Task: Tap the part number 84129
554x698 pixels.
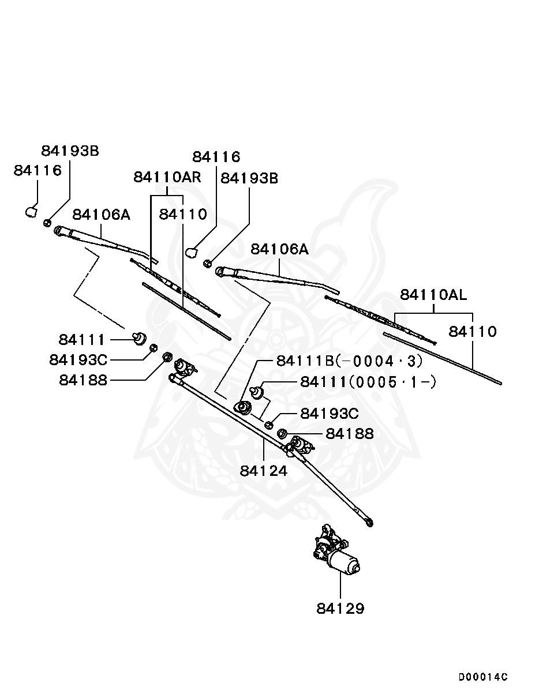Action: click(x=340, y=609)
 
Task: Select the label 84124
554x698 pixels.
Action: click(x=264, y=471)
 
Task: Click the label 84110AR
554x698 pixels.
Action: click(x=167, y=177)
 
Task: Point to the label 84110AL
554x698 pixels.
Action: click(x=433, y=295)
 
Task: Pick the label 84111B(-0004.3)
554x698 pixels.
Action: click(x=349, y=361)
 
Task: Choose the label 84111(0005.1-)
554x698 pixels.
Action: click(x=368, y=382)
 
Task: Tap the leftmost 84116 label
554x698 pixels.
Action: click(x=38, y=170)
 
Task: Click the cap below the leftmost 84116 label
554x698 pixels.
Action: click(x=31, y=212)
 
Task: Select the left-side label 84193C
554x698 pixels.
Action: click(x=78, y=360)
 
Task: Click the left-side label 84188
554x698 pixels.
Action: click(x=83, y=380)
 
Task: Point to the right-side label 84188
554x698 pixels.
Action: click(x=350, y=434)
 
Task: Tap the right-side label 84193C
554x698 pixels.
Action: click(x=330, y=414)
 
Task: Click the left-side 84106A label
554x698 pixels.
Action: click(x=101, y=215)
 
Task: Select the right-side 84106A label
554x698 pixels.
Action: click(x=279, y=249)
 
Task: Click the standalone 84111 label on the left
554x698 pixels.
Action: click(x=82, y=340)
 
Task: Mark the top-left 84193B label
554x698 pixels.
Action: click(x=70, y=151)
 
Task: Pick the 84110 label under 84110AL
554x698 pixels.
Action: click(x=473, y=332)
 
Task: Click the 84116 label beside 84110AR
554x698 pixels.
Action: click(x=216, y=157)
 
